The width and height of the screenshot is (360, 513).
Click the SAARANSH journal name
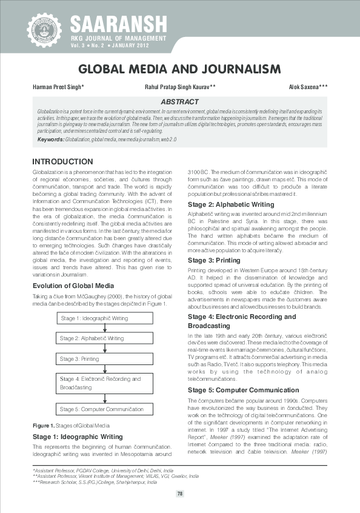(118, 23)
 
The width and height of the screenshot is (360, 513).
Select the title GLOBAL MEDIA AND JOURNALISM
(180, 69)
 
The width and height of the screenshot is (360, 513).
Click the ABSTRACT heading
(179, 102)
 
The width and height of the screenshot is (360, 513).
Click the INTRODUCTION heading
(62, 162)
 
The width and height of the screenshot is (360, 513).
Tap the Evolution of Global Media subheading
(72, 284)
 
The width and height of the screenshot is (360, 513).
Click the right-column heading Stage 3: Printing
(214, 260)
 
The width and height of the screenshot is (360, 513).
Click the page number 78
(180, 494)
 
